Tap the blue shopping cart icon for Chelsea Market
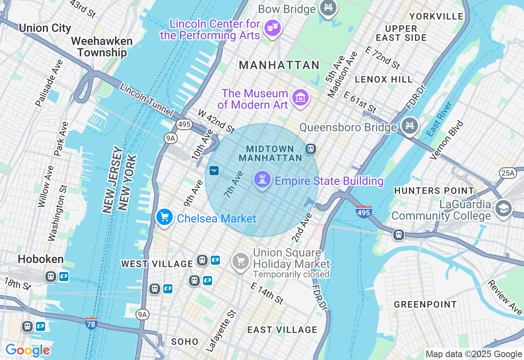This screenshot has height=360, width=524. (x=165, y=217)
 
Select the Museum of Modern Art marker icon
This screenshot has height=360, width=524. (x=300, y=98)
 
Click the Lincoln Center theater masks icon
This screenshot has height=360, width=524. (x=272, y=28)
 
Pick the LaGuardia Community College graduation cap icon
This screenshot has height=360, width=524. (x=503, y=208)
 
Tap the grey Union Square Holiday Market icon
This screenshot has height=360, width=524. (x=241, y=261)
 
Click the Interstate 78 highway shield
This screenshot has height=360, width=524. (x=91, y=324)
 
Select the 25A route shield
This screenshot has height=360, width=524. (x=508, y=173)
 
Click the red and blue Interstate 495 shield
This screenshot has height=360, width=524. (x=364, y=212)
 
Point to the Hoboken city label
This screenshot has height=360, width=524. (x=41, y=259)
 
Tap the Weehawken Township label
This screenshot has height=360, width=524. (x=102, y=47)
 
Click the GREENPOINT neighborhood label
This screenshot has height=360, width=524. (x=425, y=304)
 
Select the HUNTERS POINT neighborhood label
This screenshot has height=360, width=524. (x=434, y=191)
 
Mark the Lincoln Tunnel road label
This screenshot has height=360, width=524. (x=147, y=99)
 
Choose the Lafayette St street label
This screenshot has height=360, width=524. (x=221, y=331)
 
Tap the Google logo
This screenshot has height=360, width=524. (x=27, y=350)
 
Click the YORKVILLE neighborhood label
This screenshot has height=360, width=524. (x=436, y=16)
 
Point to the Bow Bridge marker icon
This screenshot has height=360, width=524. (x=328, y=7)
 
